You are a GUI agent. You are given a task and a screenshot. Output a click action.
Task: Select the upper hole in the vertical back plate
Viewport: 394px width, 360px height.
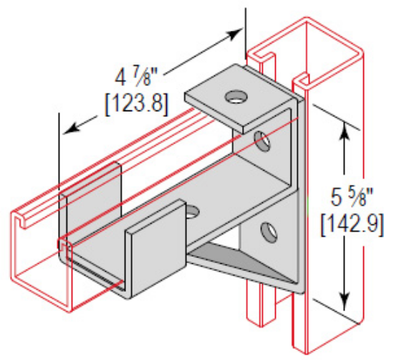click(263, 139)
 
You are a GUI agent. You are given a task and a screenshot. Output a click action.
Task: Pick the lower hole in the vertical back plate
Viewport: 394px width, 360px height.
click(269, 232)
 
